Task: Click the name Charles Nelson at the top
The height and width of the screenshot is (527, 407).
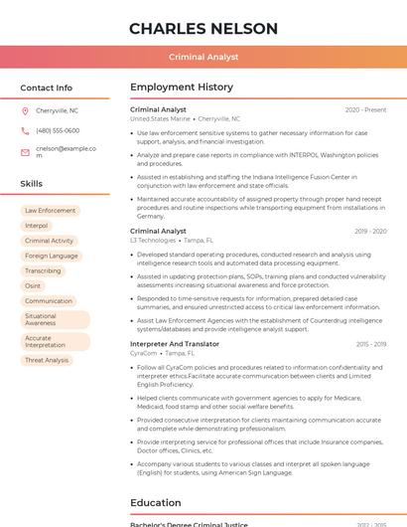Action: (203, 28)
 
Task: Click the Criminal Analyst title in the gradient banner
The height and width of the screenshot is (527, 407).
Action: (203, 57)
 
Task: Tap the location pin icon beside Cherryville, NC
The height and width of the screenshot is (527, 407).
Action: (25, 110)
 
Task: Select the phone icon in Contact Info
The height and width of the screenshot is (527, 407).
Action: (25, 130)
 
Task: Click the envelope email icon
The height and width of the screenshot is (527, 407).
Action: (25, 152)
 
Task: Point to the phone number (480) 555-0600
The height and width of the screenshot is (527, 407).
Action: (58, 130)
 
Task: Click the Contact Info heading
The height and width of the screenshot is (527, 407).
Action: (47, 88)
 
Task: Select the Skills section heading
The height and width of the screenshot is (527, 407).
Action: (32, 184)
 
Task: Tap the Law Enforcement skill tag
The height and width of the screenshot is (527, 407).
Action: (50, 211)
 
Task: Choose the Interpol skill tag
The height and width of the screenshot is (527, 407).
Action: (37, 226)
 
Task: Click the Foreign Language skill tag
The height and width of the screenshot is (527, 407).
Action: (51, 256)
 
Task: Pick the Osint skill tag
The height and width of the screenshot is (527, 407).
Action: (34, 285)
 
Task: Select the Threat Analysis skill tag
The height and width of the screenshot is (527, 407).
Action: (47, 360)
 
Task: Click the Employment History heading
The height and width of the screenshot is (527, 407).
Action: (182, 88)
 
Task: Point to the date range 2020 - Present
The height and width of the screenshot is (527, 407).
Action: (365, 109)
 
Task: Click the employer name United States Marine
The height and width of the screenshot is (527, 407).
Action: (160, 118)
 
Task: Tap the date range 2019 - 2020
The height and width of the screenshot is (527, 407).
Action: (370, 231)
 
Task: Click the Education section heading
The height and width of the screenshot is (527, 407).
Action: (155, 503)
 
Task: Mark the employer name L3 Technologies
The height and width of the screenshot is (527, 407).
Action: (153, 240)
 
